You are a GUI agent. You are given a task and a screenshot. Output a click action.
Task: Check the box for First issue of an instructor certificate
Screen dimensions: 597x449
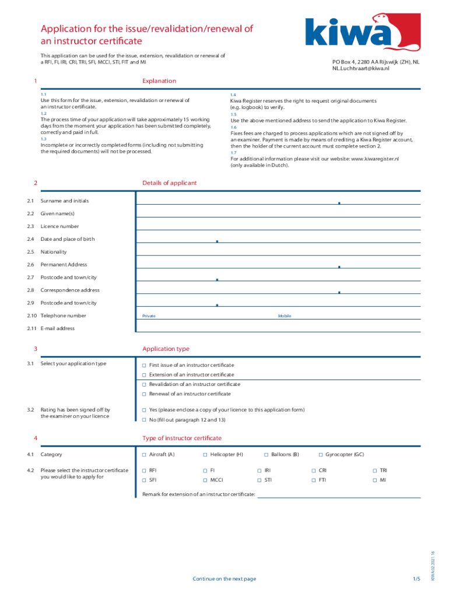pos(145,364)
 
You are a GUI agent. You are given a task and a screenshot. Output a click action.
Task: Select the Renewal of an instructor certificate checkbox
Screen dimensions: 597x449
pos(145,394)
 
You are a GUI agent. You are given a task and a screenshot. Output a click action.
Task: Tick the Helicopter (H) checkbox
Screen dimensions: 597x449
pos(205,454)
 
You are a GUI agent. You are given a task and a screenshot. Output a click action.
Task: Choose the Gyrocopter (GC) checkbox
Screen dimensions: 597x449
pos(321,454)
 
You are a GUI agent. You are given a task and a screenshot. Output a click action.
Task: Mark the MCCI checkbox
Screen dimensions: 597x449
pos(205,480)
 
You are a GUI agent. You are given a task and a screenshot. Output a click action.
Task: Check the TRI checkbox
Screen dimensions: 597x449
pos(375,470)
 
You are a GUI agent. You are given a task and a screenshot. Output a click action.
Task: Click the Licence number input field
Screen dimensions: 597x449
pos(278,226)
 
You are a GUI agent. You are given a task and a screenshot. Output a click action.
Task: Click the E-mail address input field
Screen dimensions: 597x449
pos(278,328)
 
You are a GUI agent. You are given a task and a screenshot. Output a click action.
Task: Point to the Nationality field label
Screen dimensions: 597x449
pos(54,252)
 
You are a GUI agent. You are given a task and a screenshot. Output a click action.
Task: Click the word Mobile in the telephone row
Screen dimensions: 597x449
pos(285,316)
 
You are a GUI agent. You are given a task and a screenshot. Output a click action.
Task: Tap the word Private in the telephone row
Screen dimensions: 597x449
pos(149,316)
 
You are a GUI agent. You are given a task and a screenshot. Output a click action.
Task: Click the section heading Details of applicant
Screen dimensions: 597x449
pos(169,183)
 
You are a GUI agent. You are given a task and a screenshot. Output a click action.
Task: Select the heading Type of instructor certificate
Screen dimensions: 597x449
pos(182,438)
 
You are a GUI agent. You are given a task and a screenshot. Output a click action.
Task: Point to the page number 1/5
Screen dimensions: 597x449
pos(416,578)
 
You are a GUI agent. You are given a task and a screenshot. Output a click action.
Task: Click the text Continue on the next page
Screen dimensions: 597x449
pos(224,578)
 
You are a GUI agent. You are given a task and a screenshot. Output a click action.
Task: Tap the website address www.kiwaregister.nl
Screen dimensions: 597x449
pos(374,159)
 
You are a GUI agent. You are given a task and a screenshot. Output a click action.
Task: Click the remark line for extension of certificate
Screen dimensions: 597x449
pos(338,494)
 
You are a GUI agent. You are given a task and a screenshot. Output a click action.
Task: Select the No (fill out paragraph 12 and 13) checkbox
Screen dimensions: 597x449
pos(145,420)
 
